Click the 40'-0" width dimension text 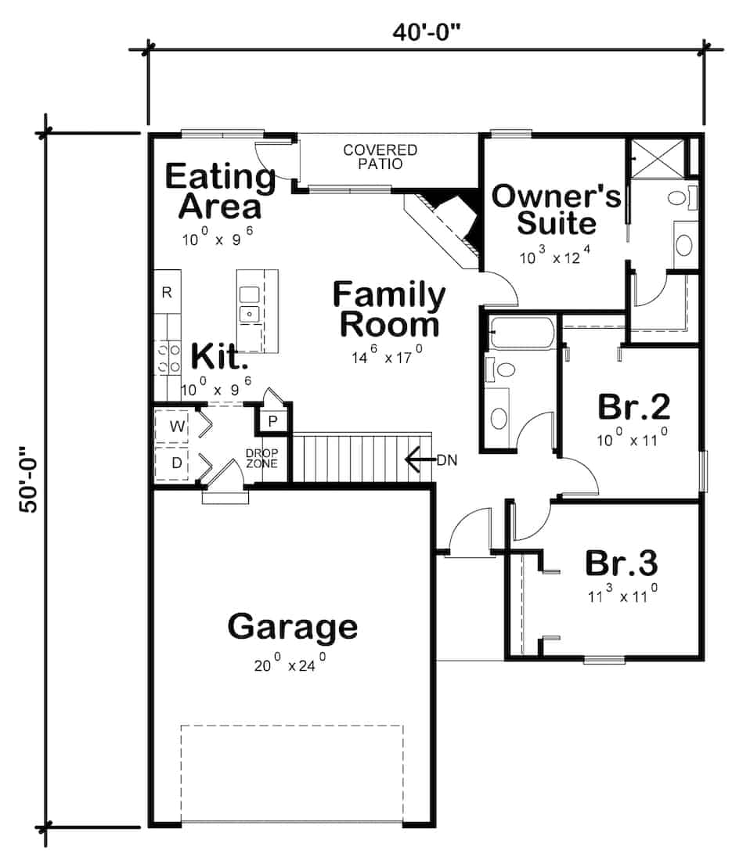coord(427,34)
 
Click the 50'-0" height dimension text coord(29,480)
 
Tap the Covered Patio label coord(380,157)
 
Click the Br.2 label coord(633,407)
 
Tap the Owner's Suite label coord(556,209)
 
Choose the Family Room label coord(389,309)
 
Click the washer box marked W coord(177,427)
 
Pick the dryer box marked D coord(177,463)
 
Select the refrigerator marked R coord(167,293)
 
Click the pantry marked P coord(272,421)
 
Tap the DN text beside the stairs coord(447,459)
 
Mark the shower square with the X coord(655,157)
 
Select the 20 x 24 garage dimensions coord(289,666)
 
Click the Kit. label coord(220,356)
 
